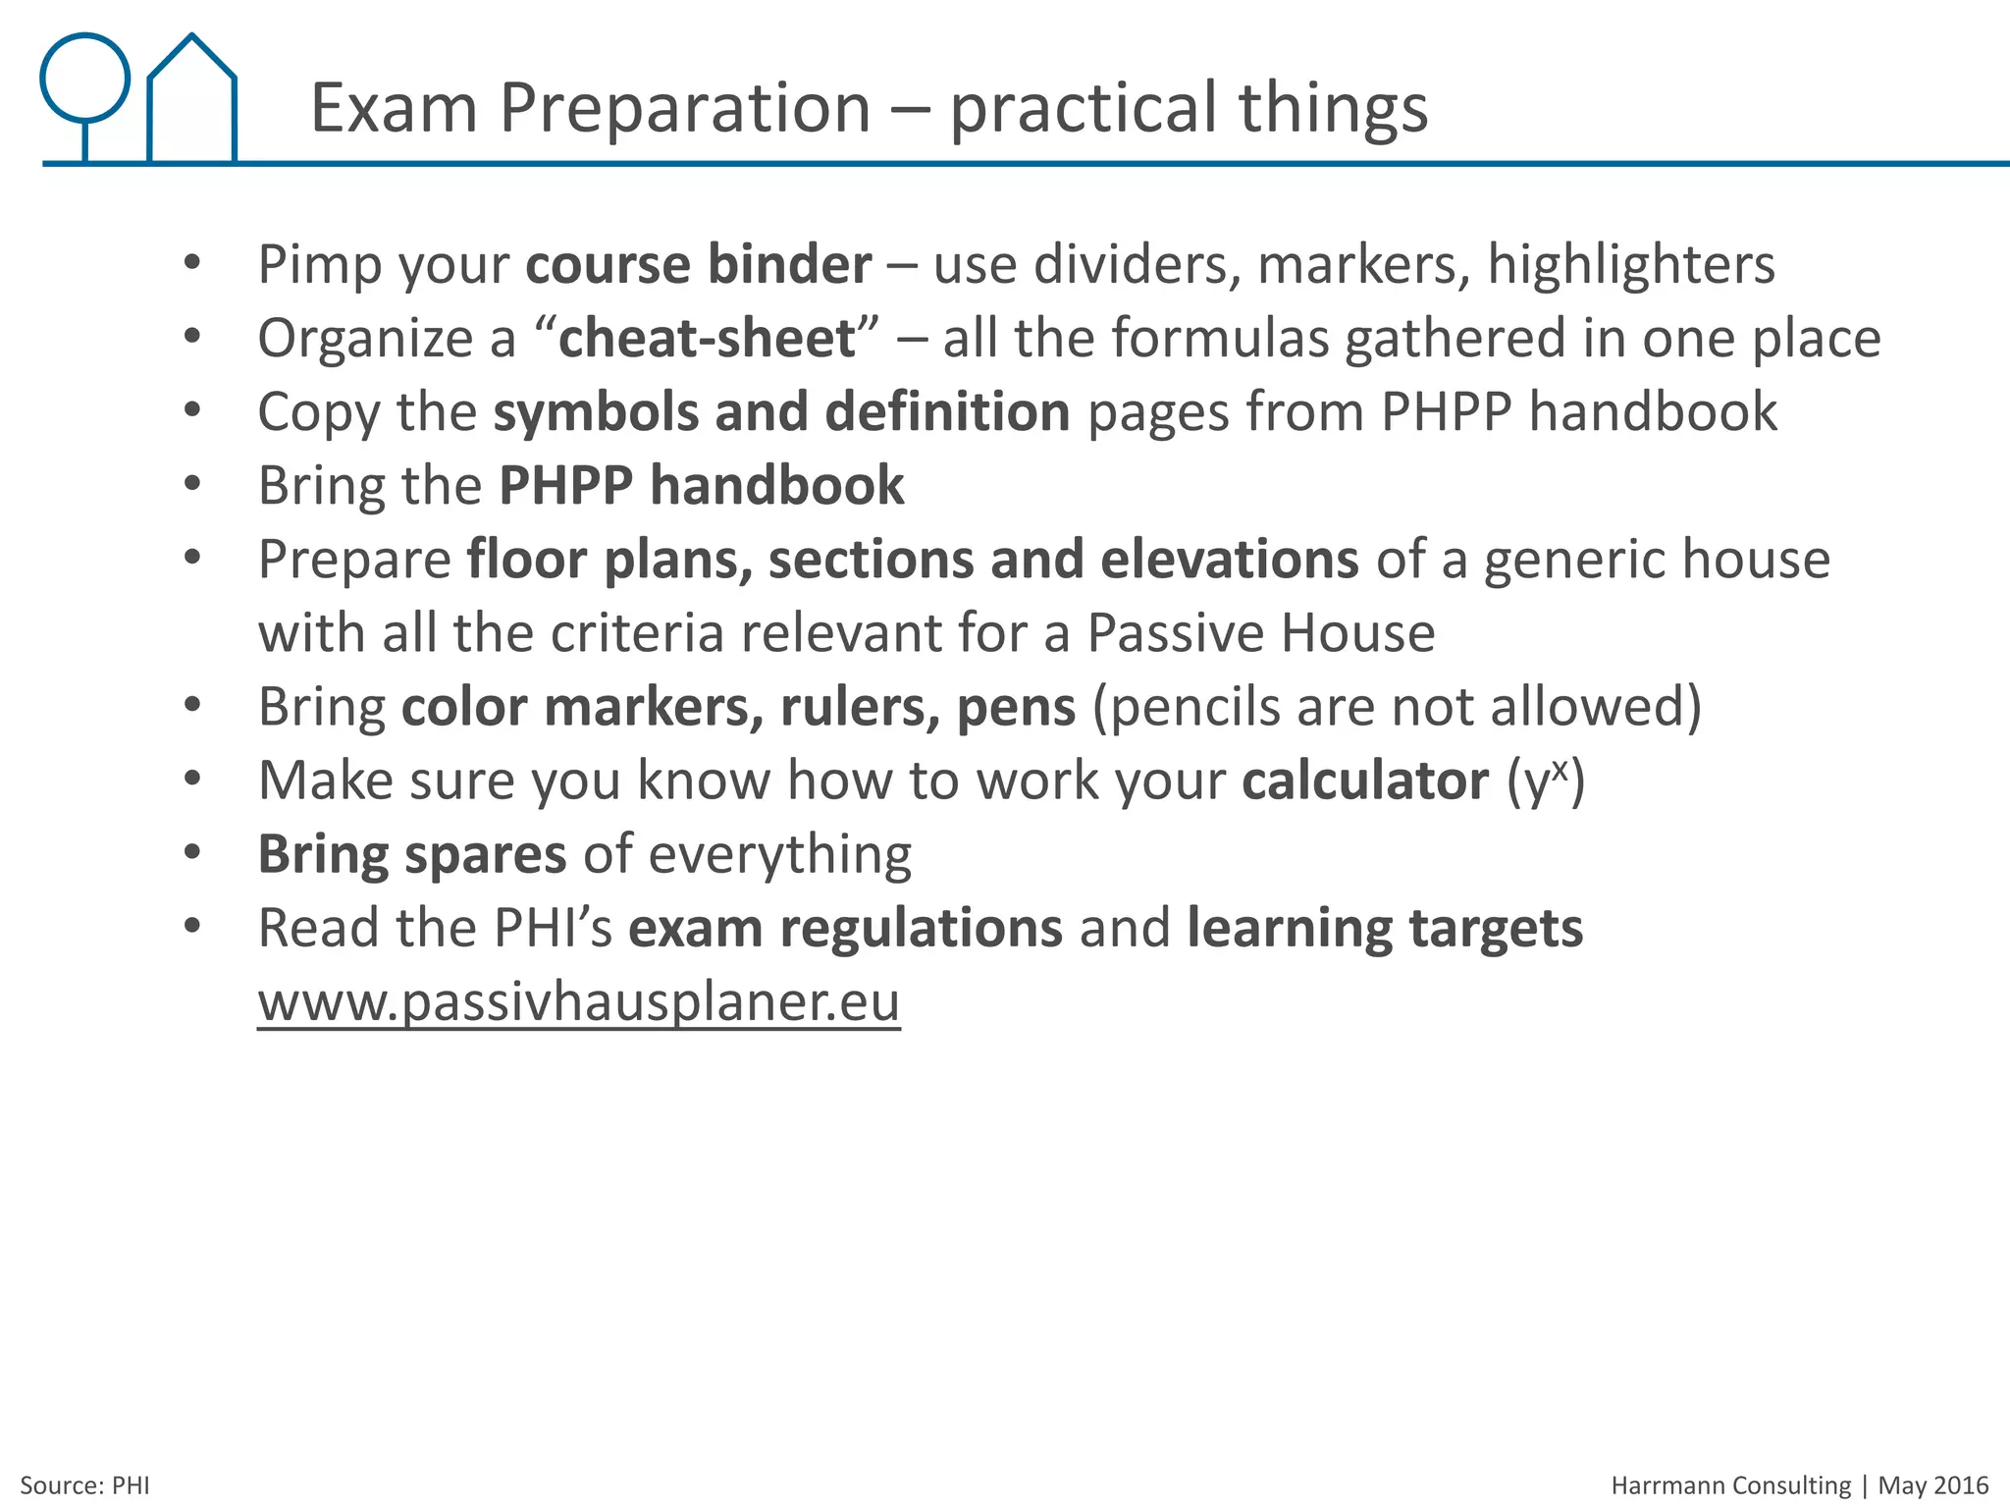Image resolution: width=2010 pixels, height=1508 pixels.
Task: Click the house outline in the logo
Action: [192, 103]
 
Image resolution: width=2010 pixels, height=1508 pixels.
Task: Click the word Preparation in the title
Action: [685, 108]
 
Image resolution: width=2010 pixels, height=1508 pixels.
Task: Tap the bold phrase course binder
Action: [698, 265]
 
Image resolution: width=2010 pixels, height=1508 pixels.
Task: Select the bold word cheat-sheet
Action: [707, 339]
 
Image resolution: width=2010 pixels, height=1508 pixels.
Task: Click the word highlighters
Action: [1630, 265]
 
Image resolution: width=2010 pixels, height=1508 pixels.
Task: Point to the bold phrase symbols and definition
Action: [781, 412]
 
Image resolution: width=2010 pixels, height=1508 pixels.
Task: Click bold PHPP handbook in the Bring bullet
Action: [701, 486]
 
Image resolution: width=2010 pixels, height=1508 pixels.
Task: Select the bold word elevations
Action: [1229, 560]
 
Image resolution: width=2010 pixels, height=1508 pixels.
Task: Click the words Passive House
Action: [1260, 633]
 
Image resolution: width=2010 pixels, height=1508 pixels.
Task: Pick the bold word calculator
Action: [1364, 781]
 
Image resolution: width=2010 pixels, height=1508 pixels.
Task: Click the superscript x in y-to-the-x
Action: [1560, 769]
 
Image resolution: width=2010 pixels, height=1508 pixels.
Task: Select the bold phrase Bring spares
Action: [411, 854]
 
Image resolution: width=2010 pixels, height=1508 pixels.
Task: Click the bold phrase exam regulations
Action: [845, 929]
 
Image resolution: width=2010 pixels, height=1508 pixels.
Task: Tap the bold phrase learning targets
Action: [1384, 929]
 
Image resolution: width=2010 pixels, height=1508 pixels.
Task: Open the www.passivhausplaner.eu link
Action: [578, 1002]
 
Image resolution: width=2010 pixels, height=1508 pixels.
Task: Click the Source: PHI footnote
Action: [85, 1485]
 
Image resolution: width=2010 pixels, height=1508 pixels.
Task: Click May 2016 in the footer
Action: [1932, 1485]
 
